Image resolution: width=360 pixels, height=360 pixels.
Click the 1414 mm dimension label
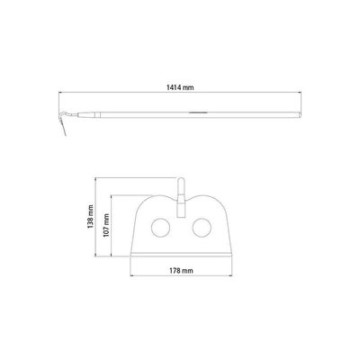[180, 87]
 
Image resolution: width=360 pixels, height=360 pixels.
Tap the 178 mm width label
[181, 271]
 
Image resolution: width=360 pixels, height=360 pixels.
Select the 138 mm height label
[90, 216]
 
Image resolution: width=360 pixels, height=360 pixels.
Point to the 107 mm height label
[106, 225]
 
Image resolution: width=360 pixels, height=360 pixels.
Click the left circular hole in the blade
[161, 228]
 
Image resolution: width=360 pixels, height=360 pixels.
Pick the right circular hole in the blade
[202, 228]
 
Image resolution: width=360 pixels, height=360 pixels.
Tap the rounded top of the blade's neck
[181, 179]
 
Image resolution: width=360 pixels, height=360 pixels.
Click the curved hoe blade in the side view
[63, 123]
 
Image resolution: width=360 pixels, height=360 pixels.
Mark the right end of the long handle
[300, 115]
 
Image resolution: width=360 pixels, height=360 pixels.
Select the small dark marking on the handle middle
[198, 112]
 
